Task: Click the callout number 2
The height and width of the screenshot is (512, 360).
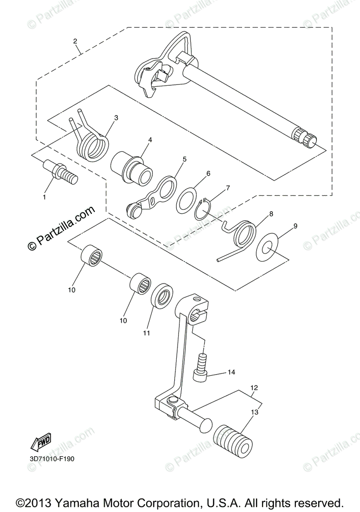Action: tap(75, 41)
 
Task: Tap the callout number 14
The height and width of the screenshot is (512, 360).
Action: tap(231, 372)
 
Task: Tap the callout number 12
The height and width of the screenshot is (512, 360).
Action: tap(254, 388)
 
